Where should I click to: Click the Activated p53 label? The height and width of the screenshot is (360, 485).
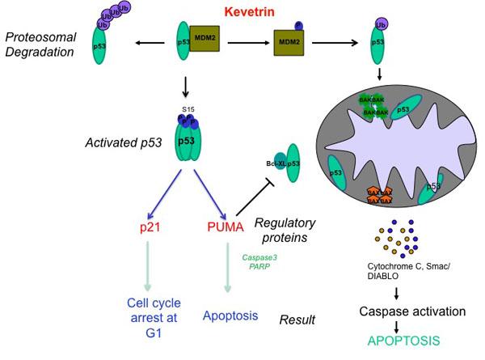click(x=120, y=143)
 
